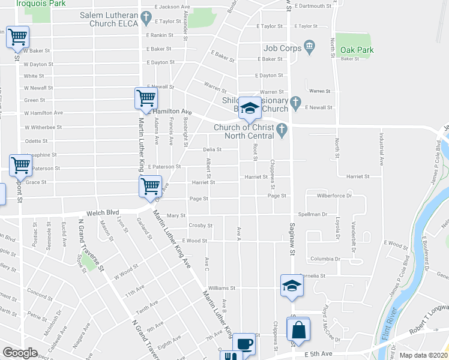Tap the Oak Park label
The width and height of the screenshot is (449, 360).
357,50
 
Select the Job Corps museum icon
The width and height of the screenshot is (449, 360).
310,46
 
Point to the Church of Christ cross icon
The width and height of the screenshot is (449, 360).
282,128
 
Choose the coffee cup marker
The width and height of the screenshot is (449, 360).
244,344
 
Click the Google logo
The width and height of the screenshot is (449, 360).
20,353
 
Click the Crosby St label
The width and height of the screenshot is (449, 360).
200,226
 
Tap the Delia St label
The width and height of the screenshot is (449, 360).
212,149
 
